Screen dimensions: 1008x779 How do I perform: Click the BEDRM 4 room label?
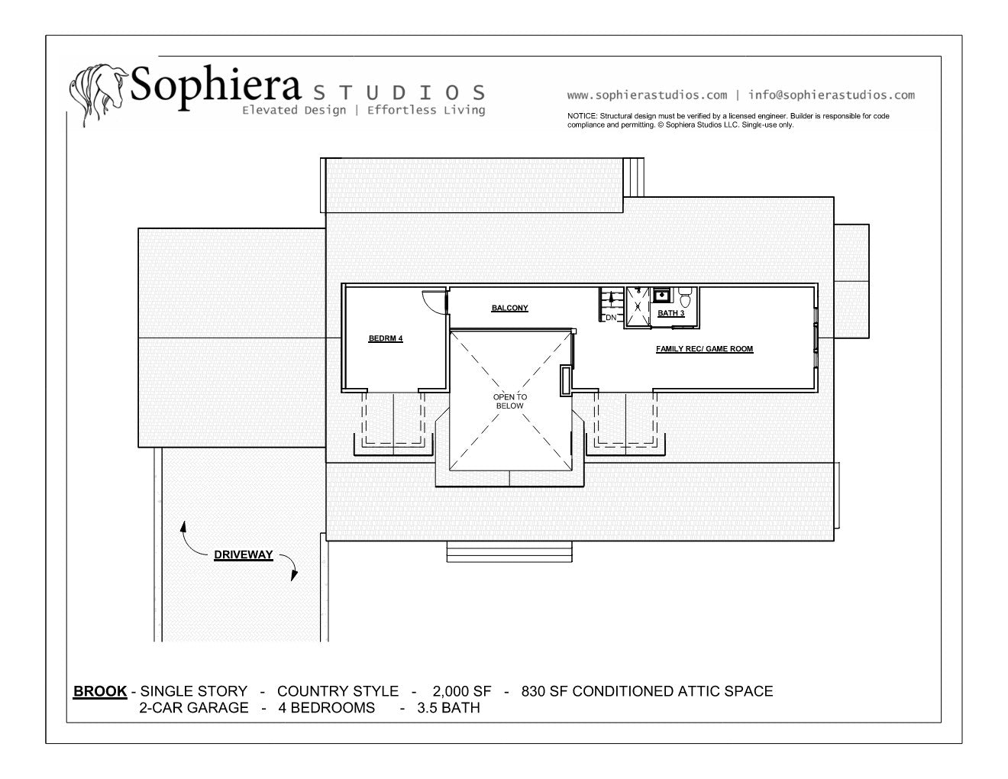386,338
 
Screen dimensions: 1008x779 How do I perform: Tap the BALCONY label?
510,308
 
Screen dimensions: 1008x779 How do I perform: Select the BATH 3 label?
670,313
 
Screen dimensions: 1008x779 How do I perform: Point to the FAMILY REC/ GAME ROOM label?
704,349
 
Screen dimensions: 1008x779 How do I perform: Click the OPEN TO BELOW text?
510,401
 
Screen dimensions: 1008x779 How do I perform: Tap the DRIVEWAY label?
243,555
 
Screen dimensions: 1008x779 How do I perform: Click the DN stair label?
611,318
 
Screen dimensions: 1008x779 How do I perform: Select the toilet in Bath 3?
685,297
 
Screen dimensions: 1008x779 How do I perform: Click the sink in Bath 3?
661,295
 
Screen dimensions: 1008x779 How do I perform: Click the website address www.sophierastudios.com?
647,95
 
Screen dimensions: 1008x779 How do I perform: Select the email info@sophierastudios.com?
832,95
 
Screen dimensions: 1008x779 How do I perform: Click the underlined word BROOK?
100,691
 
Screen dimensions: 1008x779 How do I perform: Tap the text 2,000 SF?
461,691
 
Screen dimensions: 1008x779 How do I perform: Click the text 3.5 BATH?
448,708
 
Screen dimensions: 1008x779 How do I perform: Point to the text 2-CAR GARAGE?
194,708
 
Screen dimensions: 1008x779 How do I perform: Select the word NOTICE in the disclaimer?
582,116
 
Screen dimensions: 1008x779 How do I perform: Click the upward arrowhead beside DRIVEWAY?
183,526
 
